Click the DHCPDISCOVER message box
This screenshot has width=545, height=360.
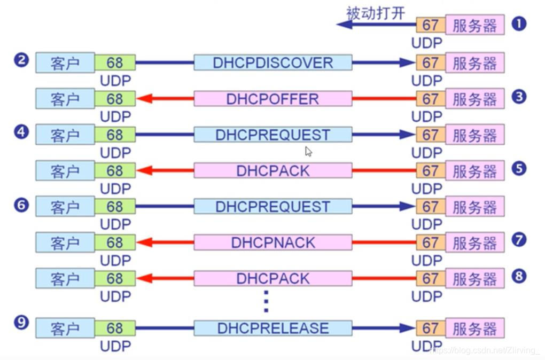272,62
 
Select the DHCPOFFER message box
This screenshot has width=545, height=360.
272,99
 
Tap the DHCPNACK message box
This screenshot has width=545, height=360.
272,242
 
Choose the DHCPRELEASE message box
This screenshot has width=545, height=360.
272,328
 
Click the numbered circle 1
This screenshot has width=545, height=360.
519,24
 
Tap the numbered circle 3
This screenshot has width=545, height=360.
519,97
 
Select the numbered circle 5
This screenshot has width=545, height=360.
519,169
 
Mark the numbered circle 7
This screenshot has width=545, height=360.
519,240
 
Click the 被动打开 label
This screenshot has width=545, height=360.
376,13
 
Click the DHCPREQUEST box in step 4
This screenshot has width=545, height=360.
272,135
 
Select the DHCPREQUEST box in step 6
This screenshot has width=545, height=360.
272,207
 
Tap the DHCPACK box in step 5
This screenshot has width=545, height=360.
272,171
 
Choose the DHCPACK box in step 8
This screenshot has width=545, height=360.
272,278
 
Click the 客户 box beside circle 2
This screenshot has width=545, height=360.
65,63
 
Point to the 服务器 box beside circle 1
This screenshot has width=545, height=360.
474,25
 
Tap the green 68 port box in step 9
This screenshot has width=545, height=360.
115,328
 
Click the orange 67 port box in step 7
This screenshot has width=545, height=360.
430,242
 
